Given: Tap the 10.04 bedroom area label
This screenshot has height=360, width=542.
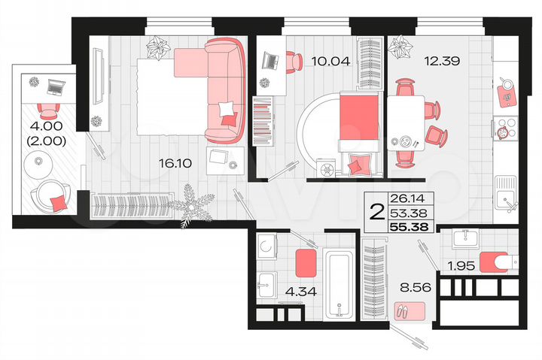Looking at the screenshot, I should (x=330, y=62).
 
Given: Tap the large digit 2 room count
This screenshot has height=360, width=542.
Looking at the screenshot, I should (x=373, y=210).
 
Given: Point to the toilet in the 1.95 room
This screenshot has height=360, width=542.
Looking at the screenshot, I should (x=497, y=261).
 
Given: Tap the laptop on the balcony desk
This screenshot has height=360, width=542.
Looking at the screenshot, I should (x=55, y=87).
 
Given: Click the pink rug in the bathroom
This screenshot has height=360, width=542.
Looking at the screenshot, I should (x=304, y=264).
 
